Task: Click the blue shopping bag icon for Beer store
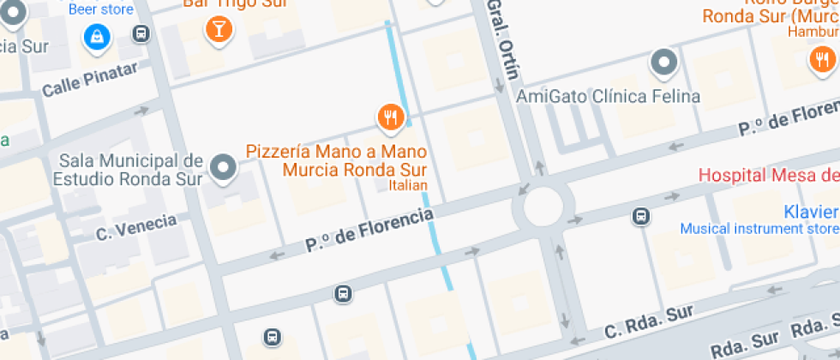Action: pyautogui.click(x=97, y=36)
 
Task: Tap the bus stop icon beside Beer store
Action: pyautogui.click(x=141, y=34)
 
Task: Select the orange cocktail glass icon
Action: pyautogui.click(x=219, y=30)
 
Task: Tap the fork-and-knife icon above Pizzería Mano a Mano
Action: pyautogui.click(x=391, y=117)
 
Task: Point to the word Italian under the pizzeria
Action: pyautogui.click(x=408, y=184)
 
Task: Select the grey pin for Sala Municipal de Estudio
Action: pyautogui.click(x=224, y=167)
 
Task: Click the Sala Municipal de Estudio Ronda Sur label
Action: pyautogui.click(x=128, y=170)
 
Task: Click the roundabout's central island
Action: pyautogui.click(x=537, y=207)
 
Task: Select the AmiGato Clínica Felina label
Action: pyautogui.click(x=608, y=96)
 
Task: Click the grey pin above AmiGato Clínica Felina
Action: pyautogui.click(x=663, y=63)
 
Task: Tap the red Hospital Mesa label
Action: pyautogui.click(x=768, y=176)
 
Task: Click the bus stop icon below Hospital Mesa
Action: pyautogui.click(x=641, y=216)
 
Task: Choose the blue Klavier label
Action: pyautogui.click(x=811, y=212)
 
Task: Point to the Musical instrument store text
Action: pyautogui.click(x=759, y=229)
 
